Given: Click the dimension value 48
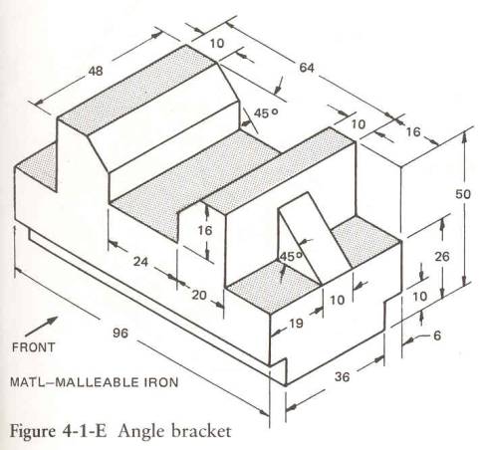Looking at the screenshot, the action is point(96,71).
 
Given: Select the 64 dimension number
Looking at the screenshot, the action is point(307,68).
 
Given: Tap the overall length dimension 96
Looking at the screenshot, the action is point(121,333).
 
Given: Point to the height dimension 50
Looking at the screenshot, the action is point(463,194).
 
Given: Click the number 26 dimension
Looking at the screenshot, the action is point(442,257).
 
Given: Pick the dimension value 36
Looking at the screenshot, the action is point(342,377).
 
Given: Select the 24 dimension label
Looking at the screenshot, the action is point(140,262).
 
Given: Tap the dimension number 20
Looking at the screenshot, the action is point(199,295).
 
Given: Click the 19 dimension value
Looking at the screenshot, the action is point(296,323).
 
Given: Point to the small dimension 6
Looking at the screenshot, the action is point(437,336).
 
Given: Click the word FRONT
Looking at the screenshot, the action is point(33,347).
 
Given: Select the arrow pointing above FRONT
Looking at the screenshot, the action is point(41,327).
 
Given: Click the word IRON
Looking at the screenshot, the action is point(161,382).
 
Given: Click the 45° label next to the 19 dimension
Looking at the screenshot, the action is point(291,257).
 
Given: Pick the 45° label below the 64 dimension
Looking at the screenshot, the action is point(266,113).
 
